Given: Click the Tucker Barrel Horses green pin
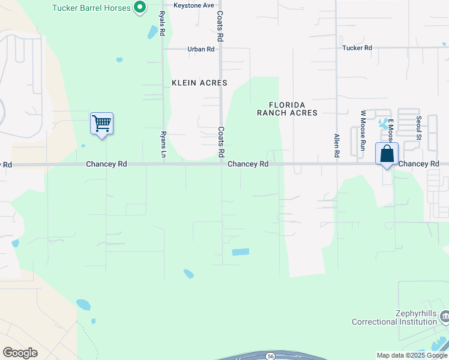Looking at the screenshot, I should point(140,7).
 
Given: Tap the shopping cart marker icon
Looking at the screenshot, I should point(101,124).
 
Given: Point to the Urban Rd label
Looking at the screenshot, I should point(200,49).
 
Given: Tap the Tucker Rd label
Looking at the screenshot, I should point(357,48).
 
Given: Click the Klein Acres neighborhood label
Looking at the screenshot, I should point(199,83).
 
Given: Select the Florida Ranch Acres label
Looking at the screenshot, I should point(287,108).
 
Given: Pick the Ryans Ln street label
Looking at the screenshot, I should point(163,145).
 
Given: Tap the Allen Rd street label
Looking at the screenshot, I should point(337,146).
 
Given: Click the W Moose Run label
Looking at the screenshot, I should point(363,130).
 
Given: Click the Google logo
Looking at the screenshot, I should point(20,353).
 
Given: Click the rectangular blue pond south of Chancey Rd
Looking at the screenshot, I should point(240,252).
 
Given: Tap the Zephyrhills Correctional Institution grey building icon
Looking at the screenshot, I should point(444,316).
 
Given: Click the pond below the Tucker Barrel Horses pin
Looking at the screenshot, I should point(151,31).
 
